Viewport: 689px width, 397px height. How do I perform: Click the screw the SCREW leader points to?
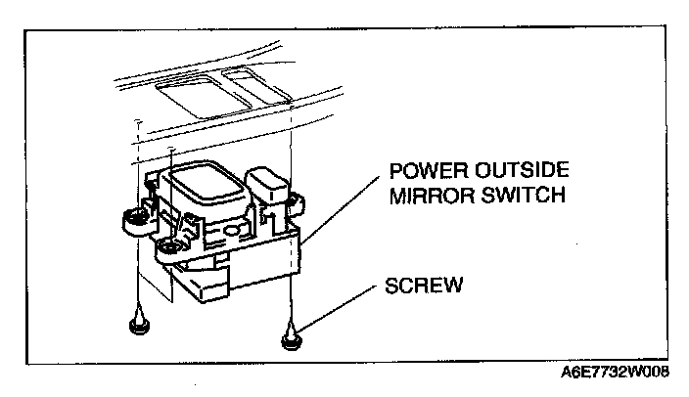(292, 338)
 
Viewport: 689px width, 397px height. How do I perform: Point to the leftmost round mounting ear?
(130, 220)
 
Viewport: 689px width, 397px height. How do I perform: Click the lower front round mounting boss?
(172, 247)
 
